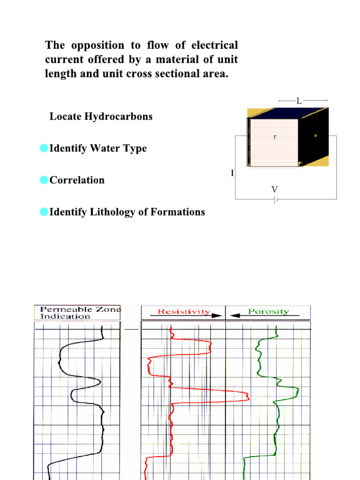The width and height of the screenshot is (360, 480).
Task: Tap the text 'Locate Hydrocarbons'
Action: (x=101, y=117)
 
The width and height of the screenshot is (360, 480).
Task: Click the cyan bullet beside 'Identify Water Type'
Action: (x=44, y=148)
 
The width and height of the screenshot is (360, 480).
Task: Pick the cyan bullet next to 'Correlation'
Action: (x=44, y=180)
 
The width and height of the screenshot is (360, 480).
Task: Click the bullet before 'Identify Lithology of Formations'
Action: (x=44, y=212)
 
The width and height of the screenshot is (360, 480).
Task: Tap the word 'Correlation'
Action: (x=77, y=180)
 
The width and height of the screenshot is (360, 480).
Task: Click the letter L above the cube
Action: (x=299, y=101)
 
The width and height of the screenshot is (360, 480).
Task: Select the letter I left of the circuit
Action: (x=232, y=173)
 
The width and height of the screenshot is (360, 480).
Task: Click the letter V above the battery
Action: (x=275, y=189)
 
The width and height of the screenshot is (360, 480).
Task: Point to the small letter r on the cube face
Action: (x=275, y=137)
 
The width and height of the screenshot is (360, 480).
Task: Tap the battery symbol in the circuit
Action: (x=276, y=200)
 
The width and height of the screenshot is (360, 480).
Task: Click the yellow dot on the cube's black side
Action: (x=315, y=135)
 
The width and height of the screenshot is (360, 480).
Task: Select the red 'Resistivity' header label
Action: (x=184, y=311)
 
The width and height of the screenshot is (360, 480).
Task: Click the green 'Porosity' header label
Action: (x=268, y=311)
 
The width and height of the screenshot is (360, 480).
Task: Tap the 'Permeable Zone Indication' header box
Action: (x=77, y=313)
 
